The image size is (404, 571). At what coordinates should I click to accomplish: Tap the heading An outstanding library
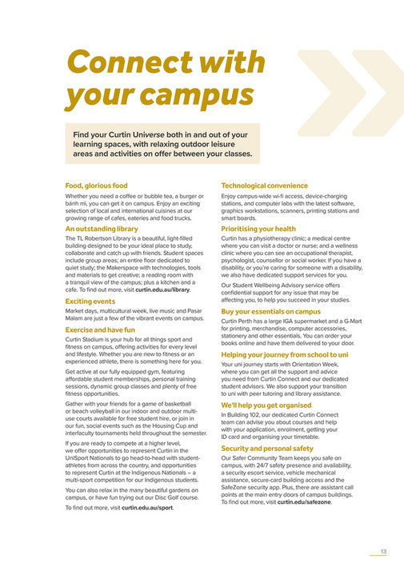[102, 229]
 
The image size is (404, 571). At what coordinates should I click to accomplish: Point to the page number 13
[384, 550]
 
